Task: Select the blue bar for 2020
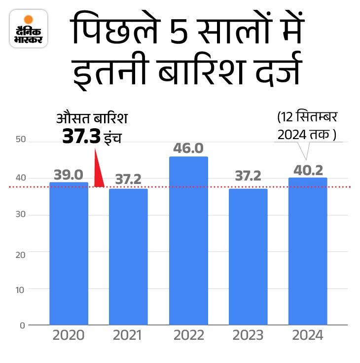point(69,254)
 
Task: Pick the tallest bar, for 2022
point(188,241)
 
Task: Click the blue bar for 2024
point(308,252)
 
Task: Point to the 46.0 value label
point(188,148)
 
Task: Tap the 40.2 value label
point(308,170)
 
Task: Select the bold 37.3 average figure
point(81,136)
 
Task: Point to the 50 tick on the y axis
point(20,142)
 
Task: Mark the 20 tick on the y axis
point(20,252)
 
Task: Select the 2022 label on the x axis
point(188,336)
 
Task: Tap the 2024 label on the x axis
point(308,336)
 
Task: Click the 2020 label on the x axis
point(69,336)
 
